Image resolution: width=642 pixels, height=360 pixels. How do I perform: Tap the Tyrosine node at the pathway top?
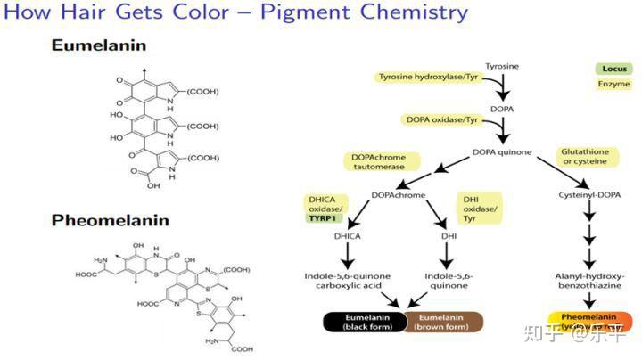(x=501, y=67)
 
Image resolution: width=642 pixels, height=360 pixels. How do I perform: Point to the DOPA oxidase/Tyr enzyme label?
(x=443, y=119)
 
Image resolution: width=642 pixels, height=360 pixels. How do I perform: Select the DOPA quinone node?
(x=501, y=151)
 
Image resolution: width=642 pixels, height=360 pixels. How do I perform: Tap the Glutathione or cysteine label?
(x=585, y=156)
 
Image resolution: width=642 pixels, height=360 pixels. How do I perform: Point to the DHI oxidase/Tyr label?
(x=475, y=206)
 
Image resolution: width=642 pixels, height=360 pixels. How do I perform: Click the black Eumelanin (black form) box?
(x=365, y=322)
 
